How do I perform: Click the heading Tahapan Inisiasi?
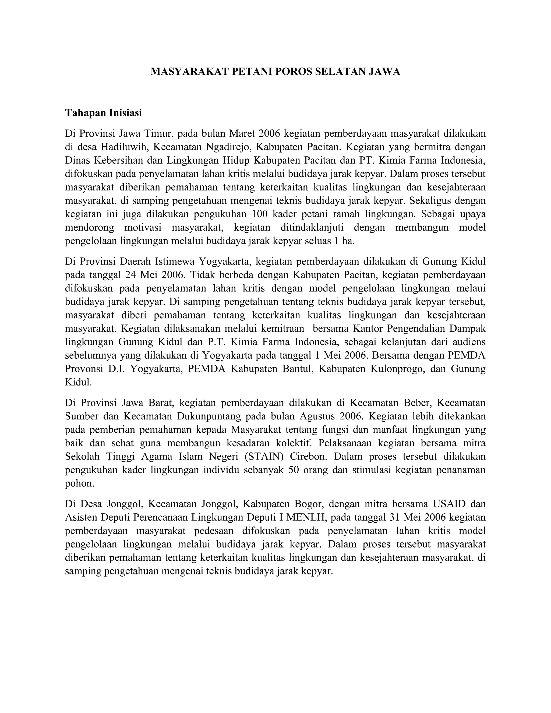(x=104, y=113)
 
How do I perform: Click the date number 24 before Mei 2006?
(x=130, y=275)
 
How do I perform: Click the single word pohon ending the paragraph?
(x=79, y=483)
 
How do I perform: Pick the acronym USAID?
(x=449, y=504)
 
